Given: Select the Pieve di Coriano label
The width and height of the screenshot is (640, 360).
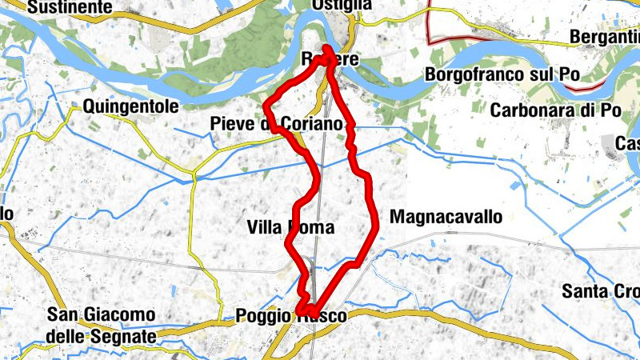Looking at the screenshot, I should point(276,124).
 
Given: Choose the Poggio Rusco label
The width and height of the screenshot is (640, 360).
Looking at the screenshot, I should point(291,317).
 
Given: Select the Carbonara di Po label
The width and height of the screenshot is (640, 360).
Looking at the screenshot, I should point(555,110).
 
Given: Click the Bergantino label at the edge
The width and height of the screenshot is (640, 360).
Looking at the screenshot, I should point(605,37).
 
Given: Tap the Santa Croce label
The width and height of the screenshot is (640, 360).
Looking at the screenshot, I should point(600,290).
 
